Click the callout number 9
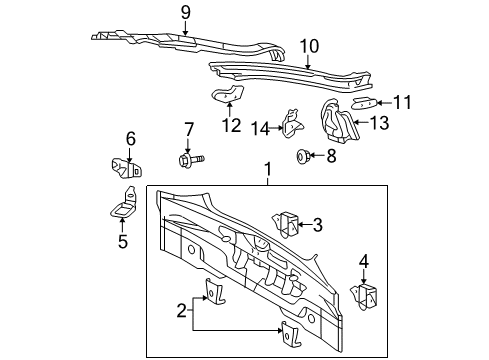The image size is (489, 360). click(186, 13)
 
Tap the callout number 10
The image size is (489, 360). click(309, 46)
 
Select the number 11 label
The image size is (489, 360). click(402, 102)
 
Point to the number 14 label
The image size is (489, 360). click(260, 129)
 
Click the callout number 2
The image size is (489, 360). click(181, 311)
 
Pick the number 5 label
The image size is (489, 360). click(123, 241)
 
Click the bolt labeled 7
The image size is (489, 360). click(191, 160)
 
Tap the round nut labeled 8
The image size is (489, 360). click(303, 156)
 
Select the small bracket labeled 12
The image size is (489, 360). click(228, 93)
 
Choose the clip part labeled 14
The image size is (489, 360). click(292, 123)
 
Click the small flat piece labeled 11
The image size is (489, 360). click(365, 103)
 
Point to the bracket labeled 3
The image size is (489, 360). click(286, 224)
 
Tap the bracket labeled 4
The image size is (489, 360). click(365, 296)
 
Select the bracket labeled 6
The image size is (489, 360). click(127, 168)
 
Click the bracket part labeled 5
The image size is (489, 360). click(123, 204)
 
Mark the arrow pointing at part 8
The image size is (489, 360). click(316, 155)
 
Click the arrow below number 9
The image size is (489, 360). click(185, 27)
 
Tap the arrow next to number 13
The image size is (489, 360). click(361, 122)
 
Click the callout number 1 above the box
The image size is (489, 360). click(268, 169)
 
